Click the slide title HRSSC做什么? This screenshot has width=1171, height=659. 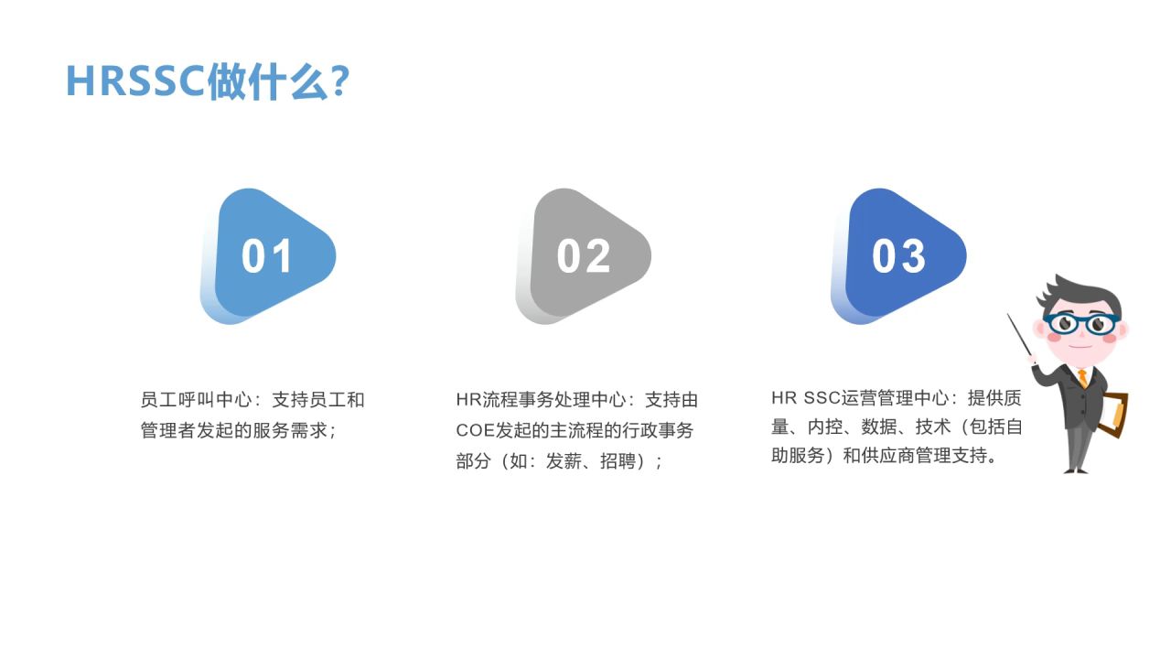coord(207,81)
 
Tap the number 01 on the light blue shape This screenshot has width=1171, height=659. coord(267,256)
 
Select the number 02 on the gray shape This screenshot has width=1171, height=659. coord(583,256)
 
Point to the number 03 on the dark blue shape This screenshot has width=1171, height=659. coord(898,256)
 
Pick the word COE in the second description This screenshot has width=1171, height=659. coord(475,430)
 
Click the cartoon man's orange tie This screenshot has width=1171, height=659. coord(1083,376)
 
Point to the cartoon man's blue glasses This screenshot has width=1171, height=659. coord(1081,323)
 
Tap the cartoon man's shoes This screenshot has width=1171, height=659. coord(1077,470)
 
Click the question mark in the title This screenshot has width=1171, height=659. coord(338,81)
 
